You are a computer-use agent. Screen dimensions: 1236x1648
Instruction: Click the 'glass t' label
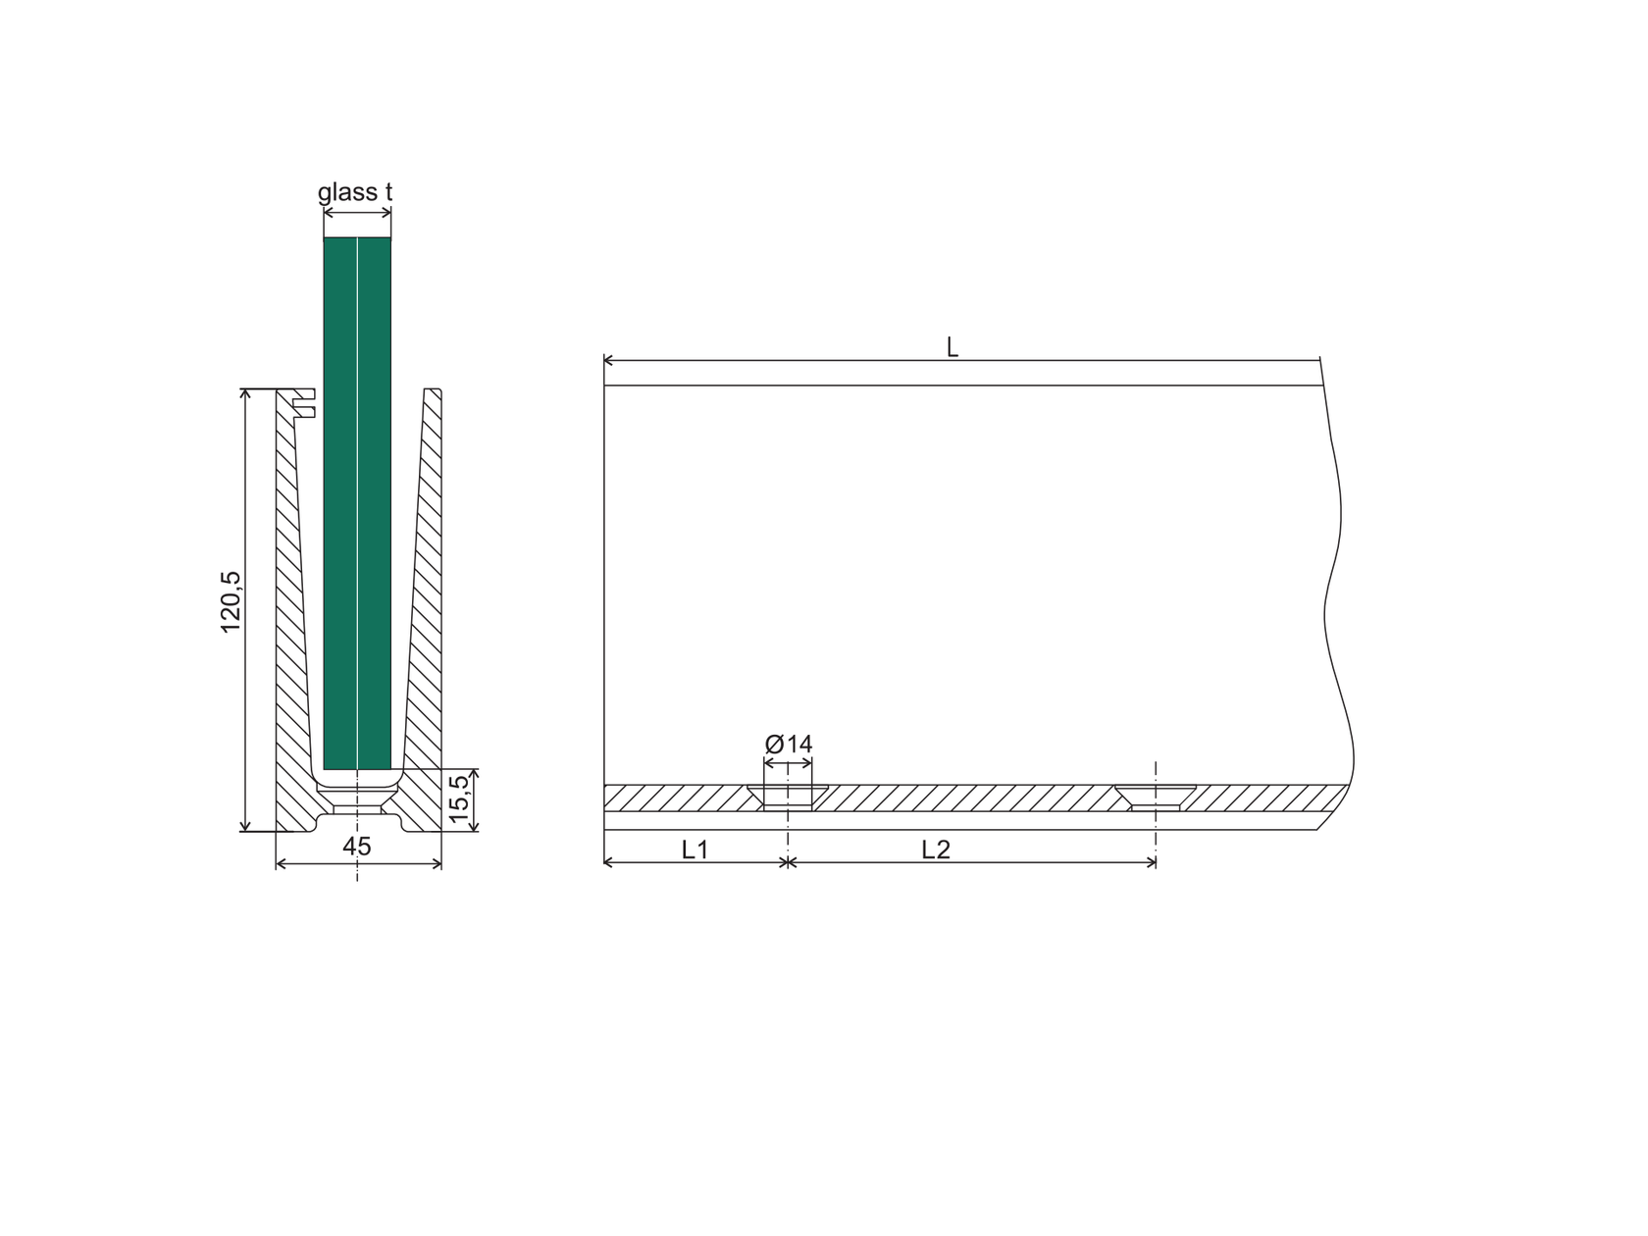click(x=355, y=192)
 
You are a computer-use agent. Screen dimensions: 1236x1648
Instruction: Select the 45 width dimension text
click(x=358, y=847)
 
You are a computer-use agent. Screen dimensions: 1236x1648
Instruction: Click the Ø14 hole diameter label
click(x=789, y=744)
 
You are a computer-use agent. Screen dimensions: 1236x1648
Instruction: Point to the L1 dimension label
click(x=695, y=850)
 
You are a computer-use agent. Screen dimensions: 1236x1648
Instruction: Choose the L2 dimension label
click(x=936, y=850)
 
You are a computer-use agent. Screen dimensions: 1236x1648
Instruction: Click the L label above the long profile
click(x=952, y=347)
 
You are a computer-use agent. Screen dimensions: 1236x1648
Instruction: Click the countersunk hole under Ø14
click(x=788, y=796)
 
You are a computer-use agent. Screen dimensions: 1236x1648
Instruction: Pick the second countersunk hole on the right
click(x=1156, y=796)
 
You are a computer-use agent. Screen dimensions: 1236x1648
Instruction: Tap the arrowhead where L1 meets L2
click(x=787, y=862)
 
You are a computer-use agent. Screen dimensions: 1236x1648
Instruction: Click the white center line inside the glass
click(x=358, y=490)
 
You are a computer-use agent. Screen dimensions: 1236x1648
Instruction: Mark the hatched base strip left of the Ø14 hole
click(x=677, y=798)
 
